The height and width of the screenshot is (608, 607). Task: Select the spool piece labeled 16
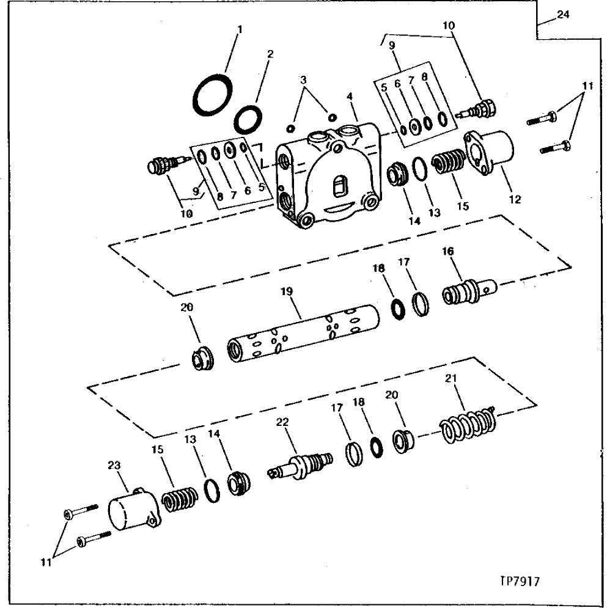tap(468, 290)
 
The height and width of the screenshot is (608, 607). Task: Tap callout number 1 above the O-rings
tap(239, 29)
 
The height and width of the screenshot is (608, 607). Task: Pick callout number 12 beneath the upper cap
tap(515, 199)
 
